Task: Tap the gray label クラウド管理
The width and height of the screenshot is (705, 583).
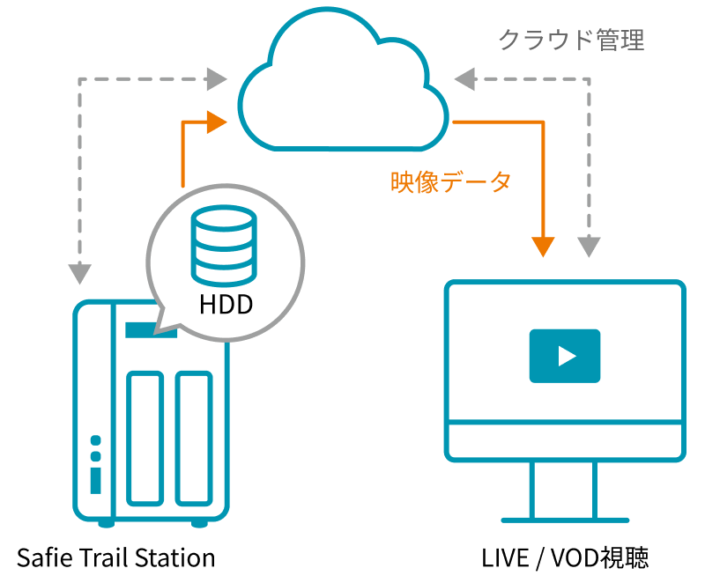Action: pyautogui.click(x=571, y=40)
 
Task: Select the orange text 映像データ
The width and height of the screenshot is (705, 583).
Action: pyautogui.click(x=450, y=182)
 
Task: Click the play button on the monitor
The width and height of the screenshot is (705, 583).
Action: pyautogui.click(x=565, y=356)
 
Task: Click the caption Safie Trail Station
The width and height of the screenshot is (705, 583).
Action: pyautogui.click(x=115, y=557)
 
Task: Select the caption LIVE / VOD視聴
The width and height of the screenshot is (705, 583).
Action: pyautogui.click(x=565, y=557)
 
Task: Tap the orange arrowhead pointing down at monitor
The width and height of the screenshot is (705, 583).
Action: pyautogui.click(x=545, y=244)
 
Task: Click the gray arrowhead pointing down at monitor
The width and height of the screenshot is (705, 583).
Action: pyautogui.click(x=590, y=244)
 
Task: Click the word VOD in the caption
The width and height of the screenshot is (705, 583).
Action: pyautogui.click(x=571, y=557)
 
